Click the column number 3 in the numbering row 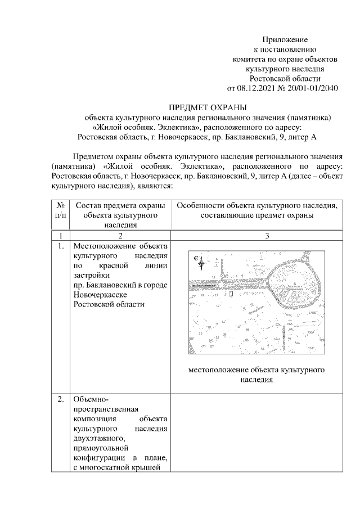tap(256, 235)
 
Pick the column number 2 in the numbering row tap(120, 235)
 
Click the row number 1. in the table tap(60, 246)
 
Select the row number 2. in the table tap(60, 399)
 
